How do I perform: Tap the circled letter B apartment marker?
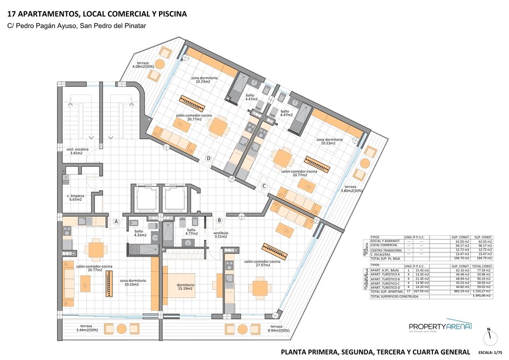[x=219, y=220]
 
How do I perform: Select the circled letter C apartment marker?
[x=265, y=186]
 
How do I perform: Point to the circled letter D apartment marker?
[x=209, y=159]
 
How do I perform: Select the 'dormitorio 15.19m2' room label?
[x=185, y=287]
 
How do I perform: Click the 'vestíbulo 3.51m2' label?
[x=221, y=235]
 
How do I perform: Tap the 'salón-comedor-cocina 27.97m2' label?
[x=262, y=263]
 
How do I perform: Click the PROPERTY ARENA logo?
[x=440, y=326]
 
